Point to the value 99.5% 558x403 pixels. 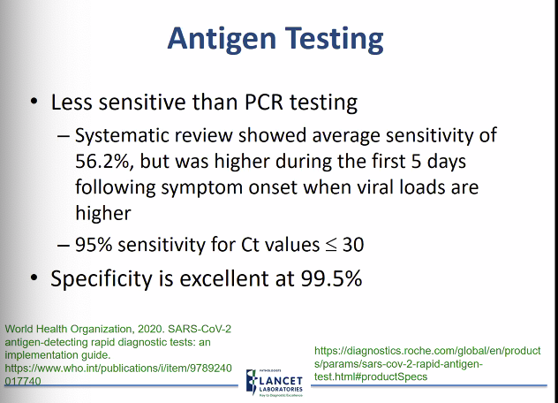[x=326, y=278]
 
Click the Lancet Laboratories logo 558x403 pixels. [x=275, y=377]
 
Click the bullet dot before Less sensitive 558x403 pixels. [x=34, y=102]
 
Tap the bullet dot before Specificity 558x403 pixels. [x=34, y=278]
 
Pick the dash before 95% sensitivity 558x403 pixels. [x=62, y=243]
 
